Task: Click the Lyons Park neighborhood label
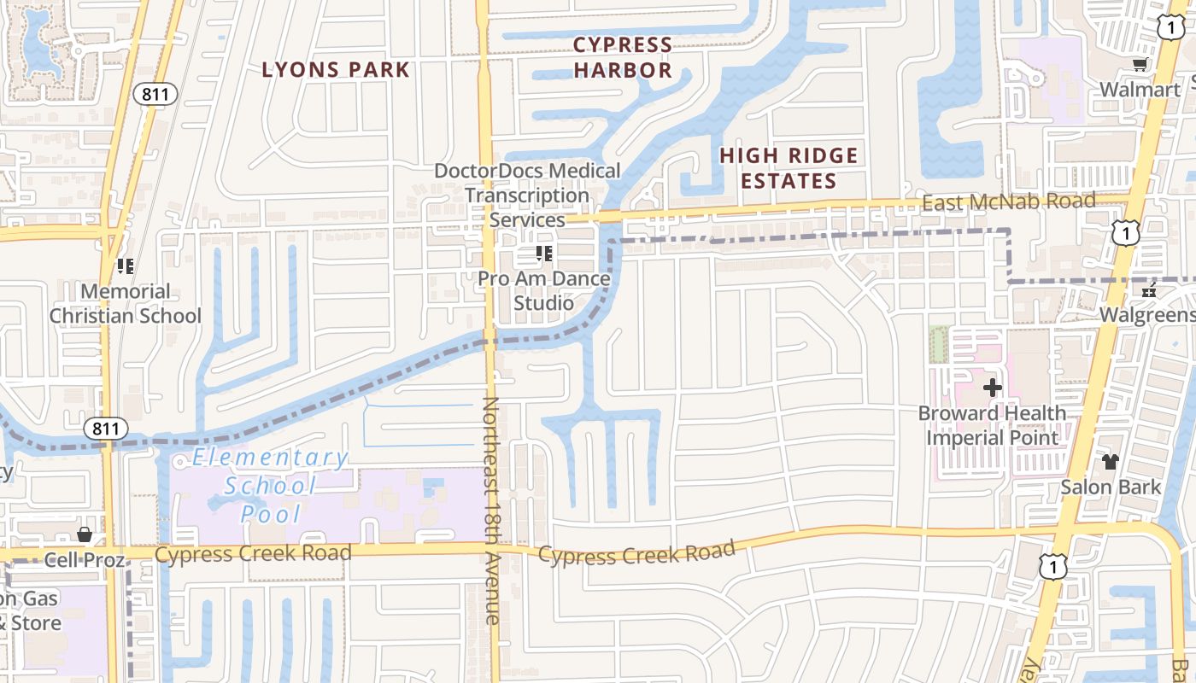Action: coord(336,70)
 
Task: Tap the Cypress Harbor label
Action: coord(623,57)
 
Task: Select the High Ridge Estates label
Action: coord(789,168)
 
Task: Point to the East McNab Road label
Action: coord(1008,202)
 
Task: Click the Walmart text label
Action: coord(1140,90)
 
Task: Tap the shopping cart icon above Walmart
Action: coord(1139,65)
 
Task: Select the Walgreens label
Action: coord(1146,315)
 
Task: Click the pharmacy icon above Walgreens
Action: coord(1150,291)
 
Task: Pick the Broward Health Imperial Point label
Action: coord(992,425)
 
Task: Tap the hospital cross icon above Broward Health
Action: coord(992,388)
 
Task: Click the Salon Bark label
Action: coord(1110,487)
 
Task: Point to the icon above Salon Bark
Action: coord(1110,463)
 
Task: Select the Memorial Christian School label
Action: coord(126,304)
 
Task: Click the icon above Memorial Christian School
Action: coord(126,266)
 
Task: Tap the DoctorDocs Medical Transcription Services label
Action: coord(527,195)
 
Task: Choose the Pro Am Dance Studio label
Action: coord(543,290)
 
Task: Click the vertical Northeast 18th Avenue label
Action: coord(492,510)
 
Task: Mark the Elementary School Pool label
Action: coord(271,486)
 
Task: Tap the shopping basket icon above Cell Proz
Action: coord(85,535)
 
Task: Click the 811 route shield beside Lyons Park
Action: coord(155,95)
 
